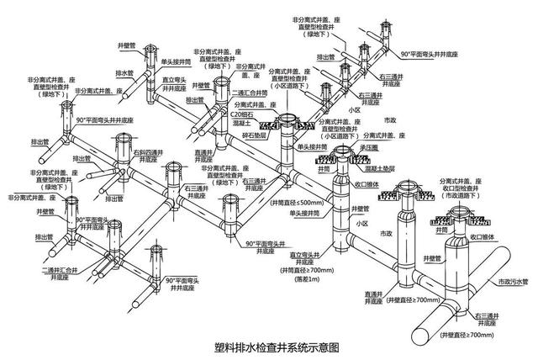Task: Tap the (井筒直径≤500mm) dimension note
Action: pyautogui.click(x=297, y=203)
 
